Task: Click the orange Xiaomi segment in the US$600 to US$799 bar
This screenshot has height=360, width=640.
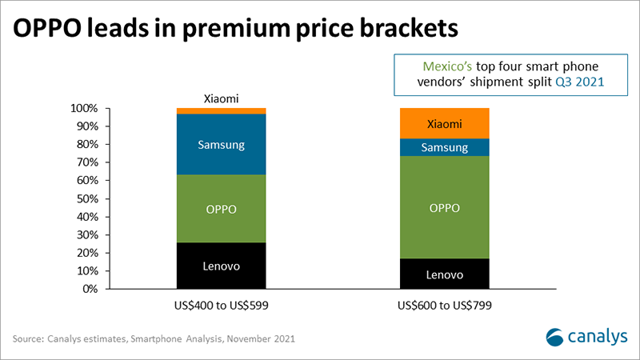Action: [x=444, y=123]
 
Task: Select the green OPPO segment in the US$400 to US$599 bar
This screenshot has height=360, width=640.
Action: [x=221, y=208]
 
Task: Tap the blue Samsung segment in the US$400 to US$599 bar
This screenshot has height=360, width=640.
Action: [x=221, y=145]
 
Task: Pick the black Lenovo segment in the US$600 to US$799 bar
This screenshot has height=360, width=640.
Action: [x=444, y=274]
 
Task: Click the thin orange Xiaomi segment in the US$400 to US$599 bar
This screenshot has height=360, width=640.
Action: [x=221, y=111]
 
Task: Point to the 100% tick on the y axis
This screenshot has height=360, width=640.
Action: [x=84, y=109]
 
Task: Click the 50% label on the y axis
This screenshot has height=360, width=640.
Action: [x=86, y=198]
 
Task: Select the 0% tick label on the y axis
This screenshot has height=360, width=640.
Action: [x=90, y=289]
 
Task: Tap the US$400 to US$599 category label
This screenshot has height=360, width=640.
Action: [x=221, y=306]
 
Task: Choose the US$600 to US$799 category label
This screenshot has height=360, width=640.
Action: [x=444, y=306]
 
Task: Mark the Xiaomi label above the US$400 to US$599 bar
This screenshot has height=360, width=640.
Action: [x=221, y=97]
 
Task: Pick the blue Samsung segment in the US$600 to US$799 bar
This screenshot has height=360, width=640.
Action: [x=444, y=148]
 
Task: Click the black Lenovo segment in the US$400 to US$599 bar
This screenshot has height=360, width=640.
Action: [x=221, y=266]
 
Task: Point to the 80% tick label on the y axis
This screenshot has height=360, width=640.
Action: [x=86, y=145]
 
